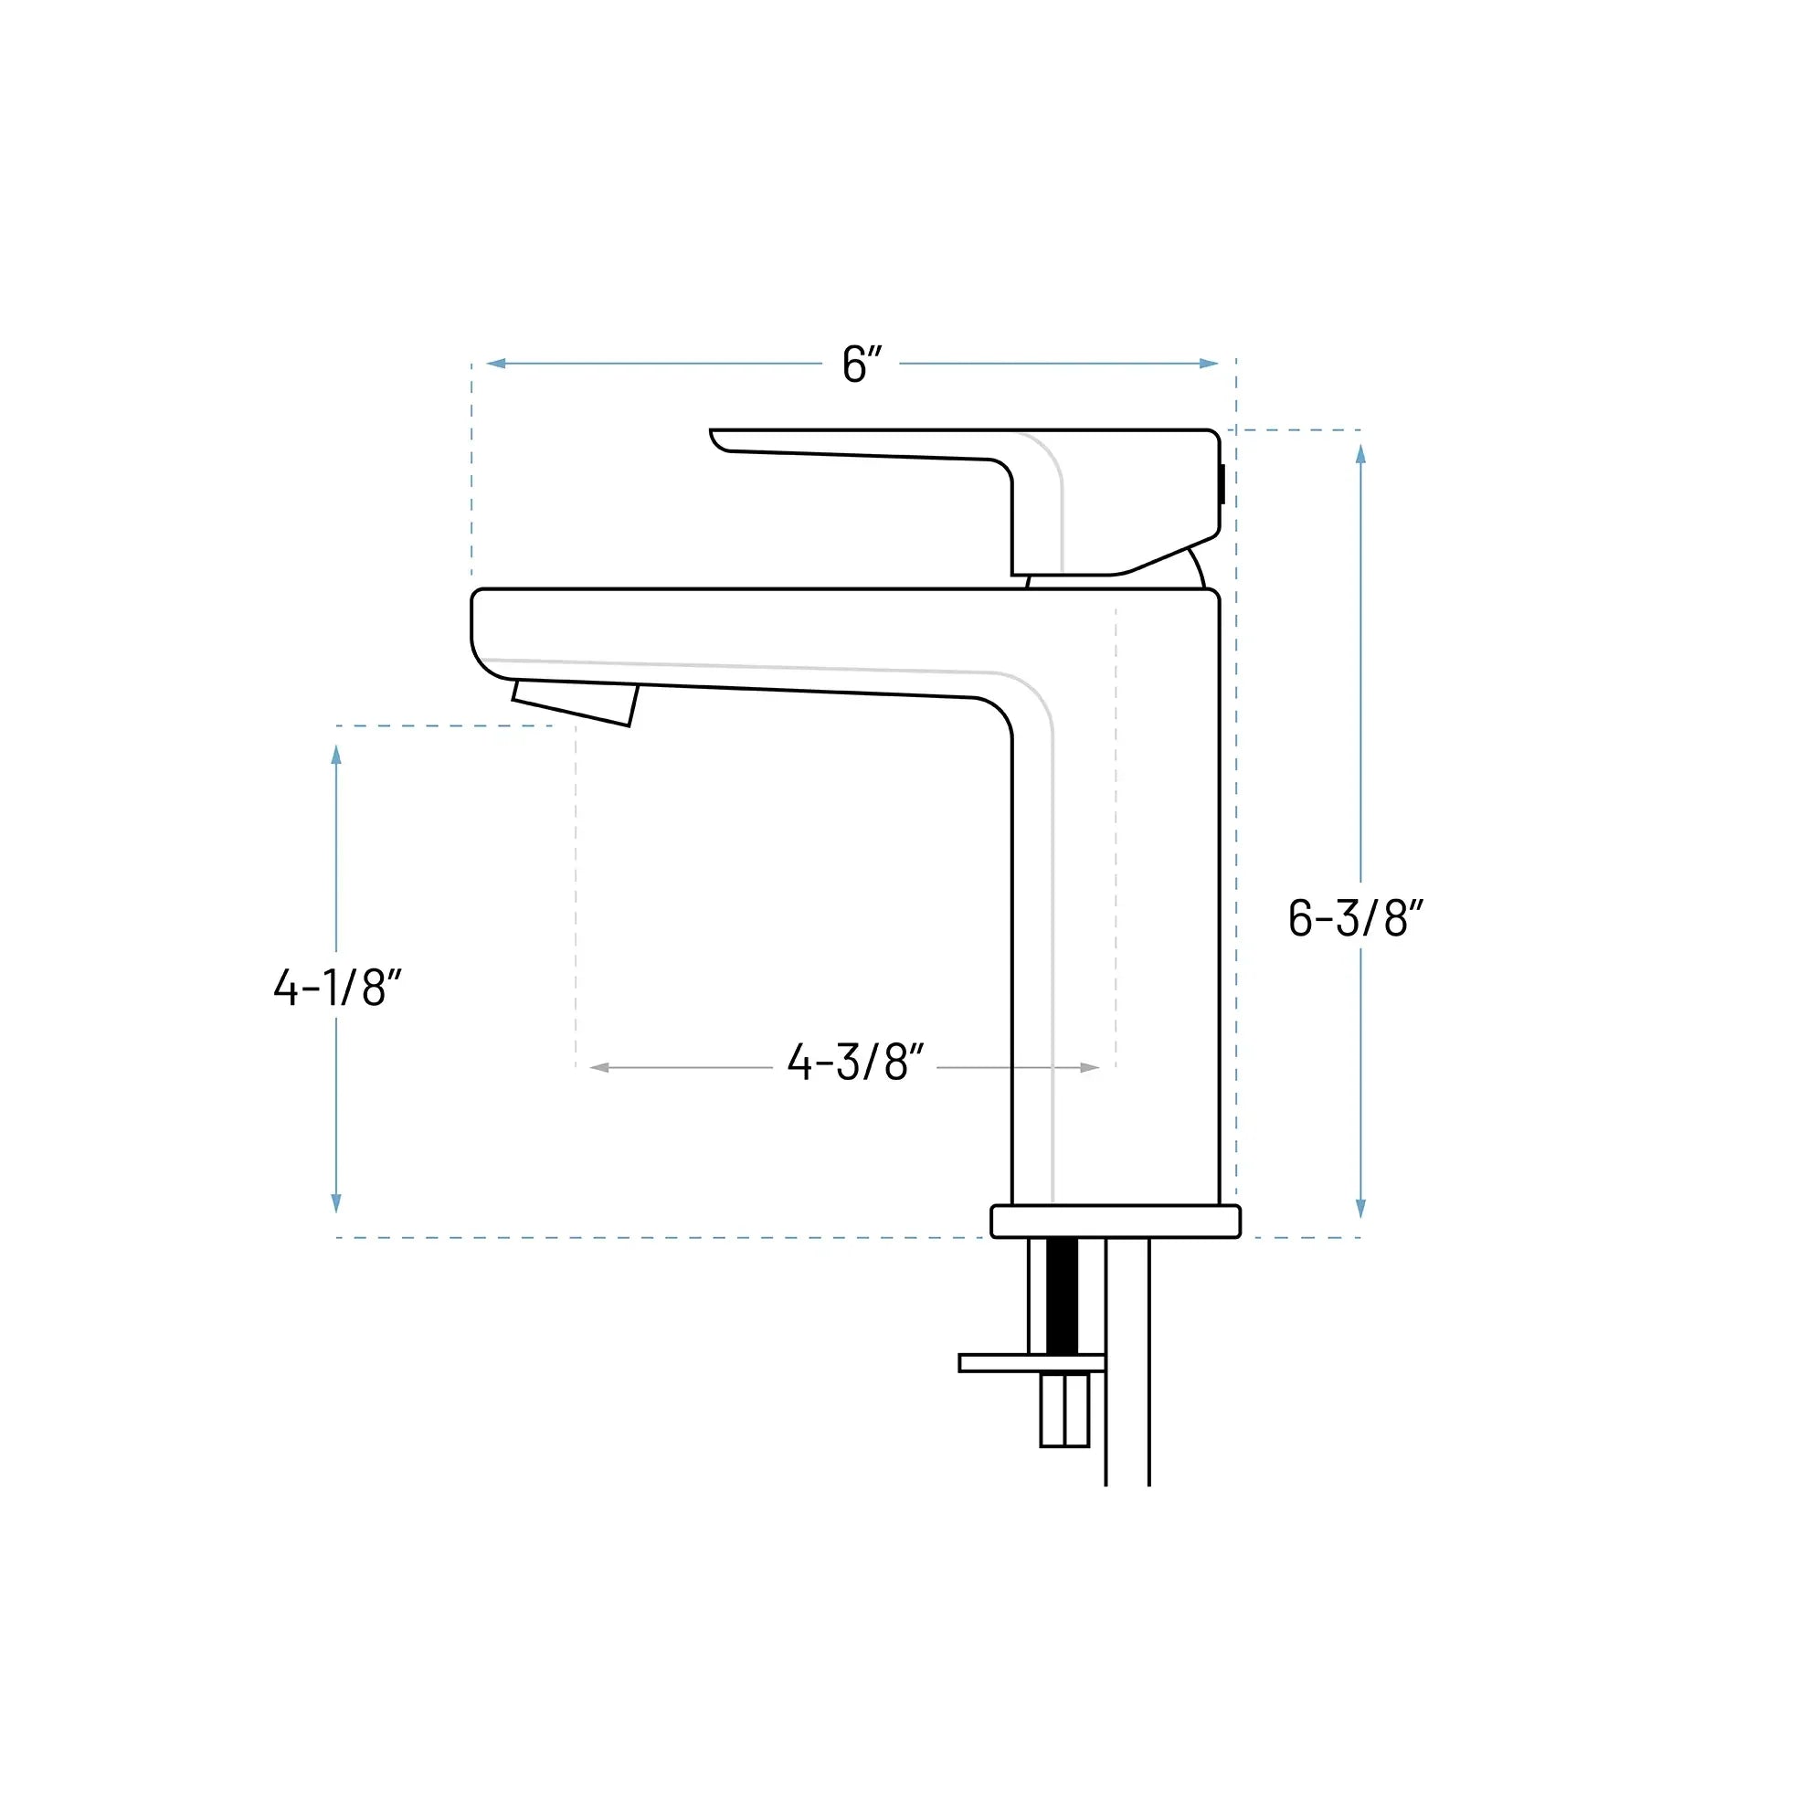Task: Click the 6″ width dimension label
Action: click(862, 365)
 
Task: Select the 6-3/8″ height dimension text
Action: click(1355, 917)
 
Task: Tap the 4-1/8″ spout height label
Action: click(337, 987)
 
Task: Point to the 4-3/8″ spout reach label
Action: click(855, 1063)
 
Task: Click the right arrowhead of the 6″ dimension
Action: click(1209, 364)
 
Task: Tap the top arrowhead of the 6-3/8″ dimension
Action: click(1360, 454)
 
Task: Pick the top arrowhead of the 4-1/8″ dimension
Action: click(336, 755)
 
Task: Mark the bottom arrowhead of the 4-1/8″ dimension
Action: click(336, 1203)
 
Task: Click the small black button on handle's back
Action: click(1222, 484)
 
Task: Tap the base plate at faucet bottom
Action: click(1116, 1221)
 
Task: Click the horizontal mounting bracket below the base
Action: click(1030, 1363)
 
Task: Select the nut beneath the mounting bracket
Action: click(1064, 1410)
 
